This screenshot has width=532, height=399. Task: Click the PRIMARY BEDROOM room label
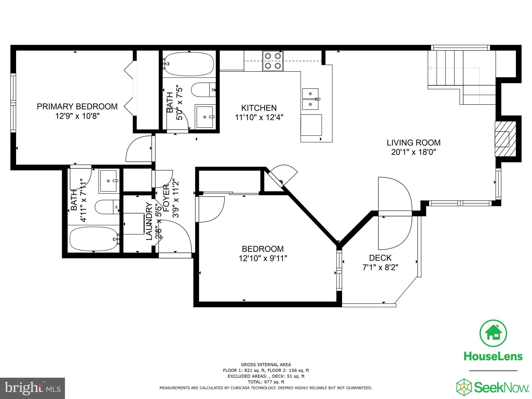click(x=77, y=107)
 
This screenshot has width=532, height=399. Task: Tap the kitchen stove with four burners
click(x=273, y=61)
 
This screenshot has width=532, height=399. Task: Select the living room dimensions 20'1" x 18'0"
click(x=413, y=152)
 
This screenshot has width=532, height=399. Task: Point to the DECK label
click(x=380, y=258)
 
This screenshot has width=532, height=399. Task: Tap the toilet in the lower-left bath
click(x=107, y=207)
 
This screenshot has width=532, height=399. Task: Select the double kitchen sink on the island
click(x=310, y=99)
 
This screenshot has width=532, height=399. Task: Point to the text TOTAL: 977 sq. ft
click(x=266, y=382)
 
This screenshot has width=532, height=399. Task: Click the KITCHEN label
click(x=259, y=108)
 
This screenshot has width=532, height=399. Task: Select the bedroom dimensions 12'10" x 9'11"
click(x=263, y=258)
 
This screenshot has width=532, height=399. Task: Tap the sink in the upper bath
click(x=205, y=117)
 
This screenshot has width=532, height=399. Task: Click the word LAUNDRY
click(x=149, y=221)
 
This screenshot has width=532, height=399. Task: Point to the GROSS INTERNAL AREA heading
click(x=266, y=365)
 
